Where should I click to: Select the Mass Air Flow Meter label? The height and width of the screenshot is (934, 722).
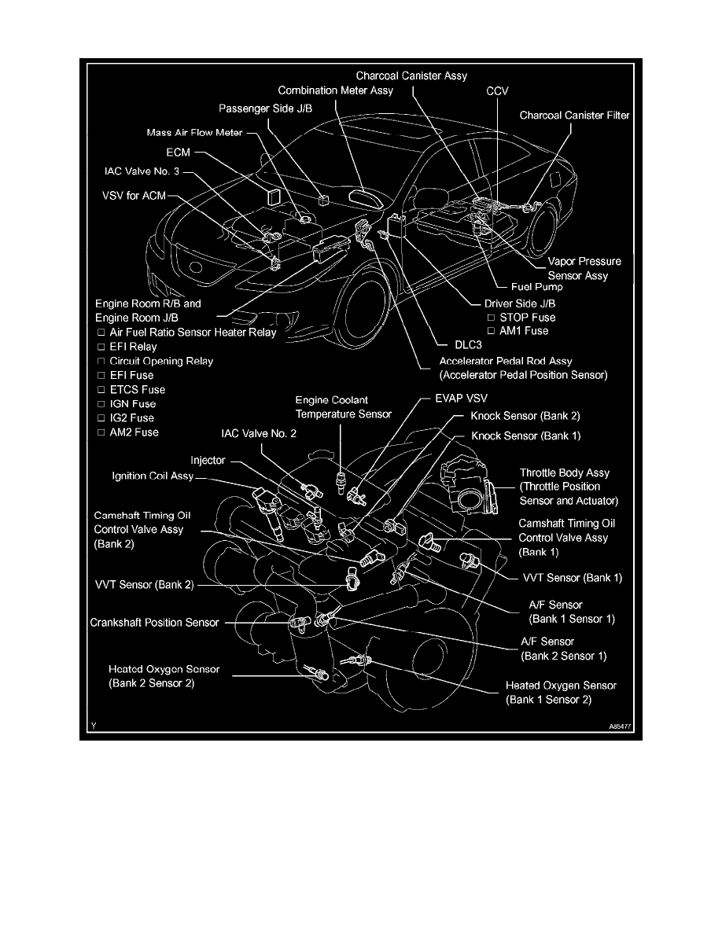point(195,133)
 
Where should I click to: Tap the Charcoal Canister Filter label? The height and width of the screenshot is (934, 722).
point(575,116)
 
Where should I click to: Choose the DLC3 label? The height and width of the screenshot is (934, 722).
point(450,344)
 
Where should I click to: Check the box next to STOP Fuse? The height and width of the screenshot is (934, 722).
point(490,318)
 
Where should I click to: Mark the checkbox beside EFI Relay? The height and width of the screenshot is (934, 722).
point(101,347)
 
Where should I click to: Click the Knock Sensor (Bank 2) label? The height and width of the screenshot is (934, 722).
point(525,415)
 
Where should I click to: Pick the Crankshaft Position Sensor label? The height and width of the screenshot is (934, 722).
point(153,623)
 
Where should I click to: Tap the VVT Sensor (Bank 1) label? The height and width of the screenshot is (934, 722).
point(572,578)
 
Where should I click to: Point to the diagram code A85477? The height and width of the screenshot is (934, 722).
point(619,728)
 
